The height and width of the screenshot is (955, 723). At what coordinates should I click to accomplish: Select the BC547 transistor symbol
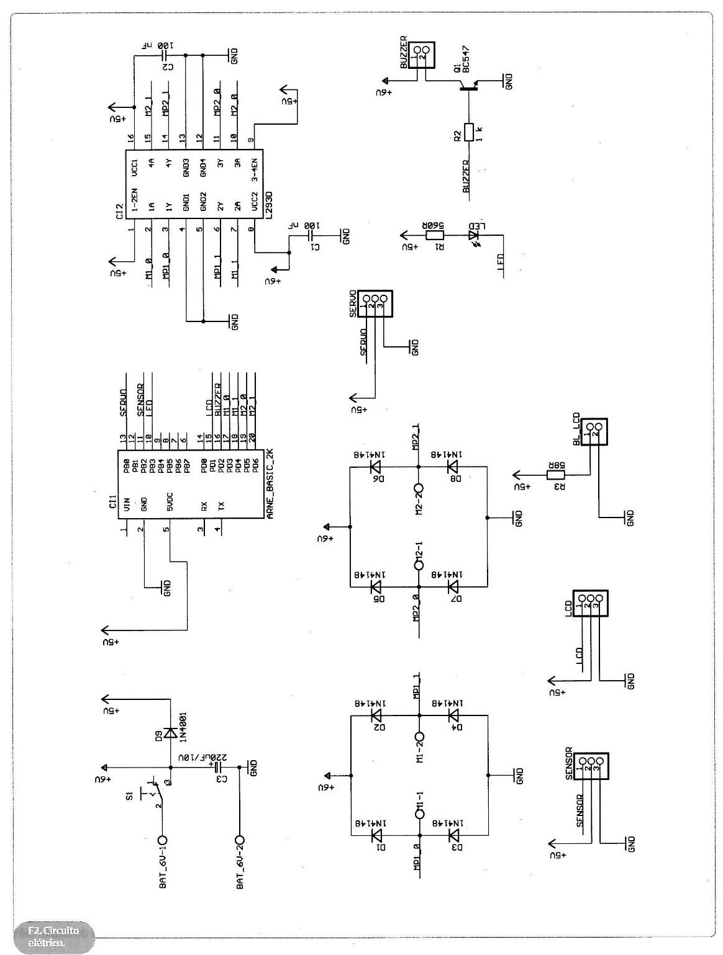(x=470, y=87)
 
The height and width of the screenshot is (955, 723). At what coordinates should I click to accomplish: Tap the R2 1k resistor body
(x=469, y=132)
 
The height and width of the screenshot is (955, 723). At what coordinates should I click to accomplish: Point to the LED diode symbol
(x=474, y=236)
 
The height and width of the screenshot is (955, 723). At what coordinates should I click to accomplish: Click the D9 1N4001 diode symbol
(x=170, y=732)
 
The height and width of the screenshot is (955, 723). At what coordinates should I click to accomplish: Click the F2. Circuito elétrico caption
(x=54, y=936)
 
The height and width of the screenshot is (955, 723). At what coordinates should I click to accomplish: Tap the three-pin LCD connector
(x=590, y=603)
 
